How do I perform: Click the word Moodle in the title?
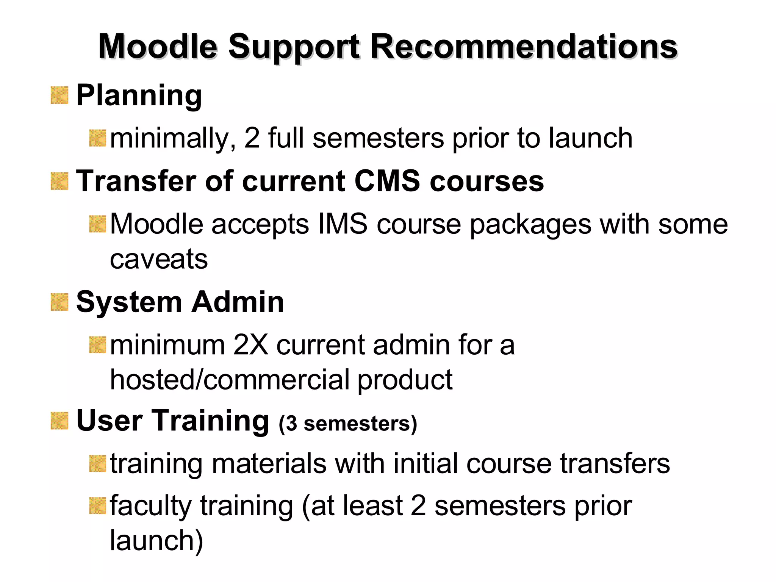[158, 47]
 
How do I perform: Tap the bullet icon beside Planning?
[59, 95]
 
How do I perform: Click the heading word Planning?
[139, 95]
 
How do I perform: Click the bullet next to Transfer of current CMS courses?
[59, 181]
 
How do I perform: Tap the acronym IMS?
[343, 224]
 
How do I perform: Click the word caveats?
[159, 260]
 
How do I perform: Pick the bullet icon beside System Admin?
[59, 302]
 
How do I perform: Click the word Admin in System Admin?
[238, 302]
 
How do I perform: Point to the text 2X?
[250, 345]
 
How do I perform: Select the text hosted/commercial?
[230, 380]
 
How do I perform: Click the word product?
[405, 380]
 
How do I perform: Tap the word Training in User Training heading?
[211, 421]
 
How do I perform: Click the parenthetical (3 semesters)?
[348, 423]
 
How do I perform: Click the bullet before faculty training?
[97, 506]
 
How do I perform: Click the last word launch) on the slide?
[156, 541]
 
